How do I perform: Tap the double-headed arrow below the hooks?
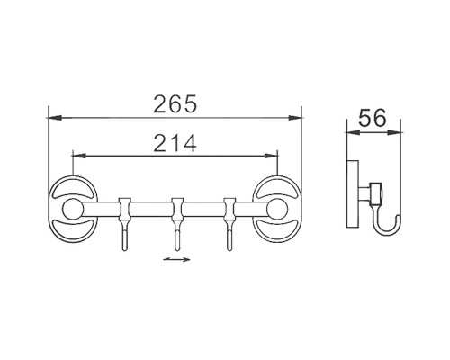click(175, 261)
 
